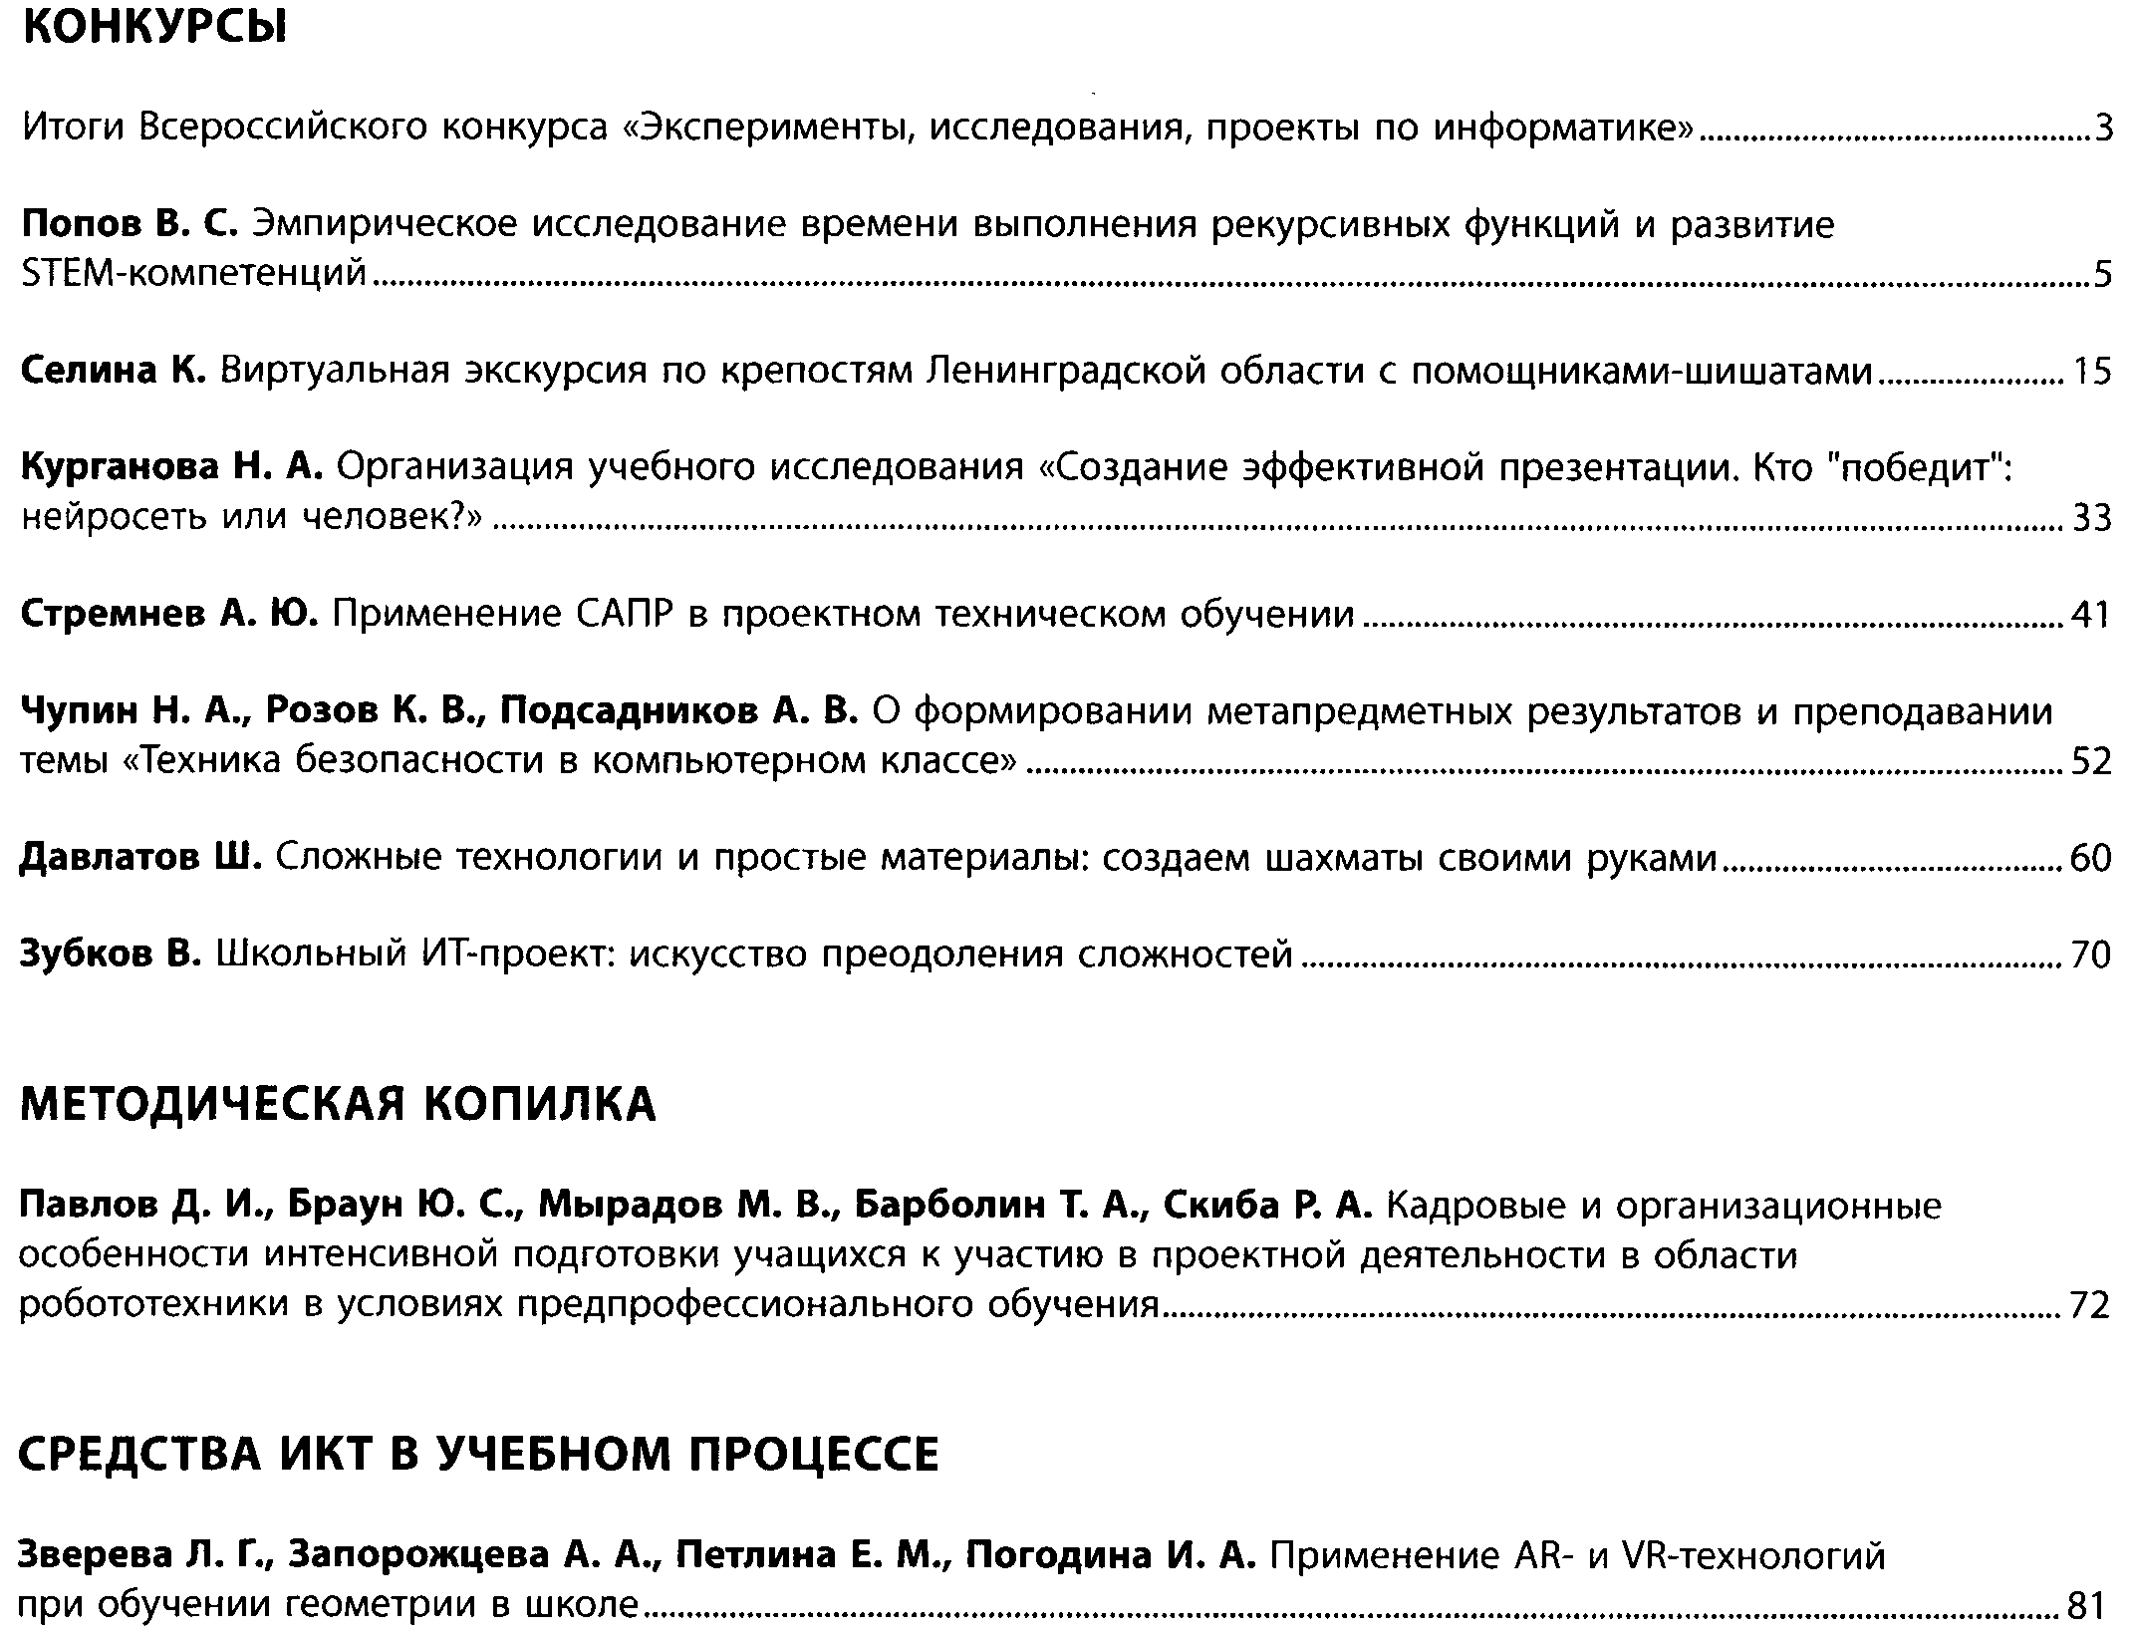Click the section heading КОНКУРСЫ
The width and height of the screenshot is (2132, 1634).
coord(154,30)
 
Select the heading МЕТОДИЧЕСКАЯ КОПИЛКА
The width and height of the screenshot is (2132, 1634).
coord(338,1104)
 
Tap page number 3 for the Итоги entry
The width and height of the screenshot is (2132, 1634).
coord(2103,129)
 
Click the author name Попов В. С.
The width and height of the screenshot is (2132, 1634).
coord(130,225)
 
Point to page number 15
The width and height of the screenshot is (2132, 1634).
coord(2092,372)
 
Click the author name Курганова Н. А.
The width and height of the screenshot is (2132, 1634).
coord(171,468)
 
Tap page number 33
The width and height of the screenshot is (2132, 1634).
coord(2091,518)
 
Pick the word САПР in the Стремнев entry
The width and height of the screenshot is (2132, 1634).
coord(624,614)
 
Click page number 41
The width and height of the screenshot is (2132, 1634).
coord(2091,615)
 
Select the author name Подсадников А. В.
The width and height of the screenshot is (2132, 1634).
coord(678,711)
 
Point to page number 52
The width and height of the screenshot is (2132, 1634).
coord(2091,762)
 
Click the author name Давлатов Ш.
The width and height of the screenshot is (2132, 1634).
coord(140,857)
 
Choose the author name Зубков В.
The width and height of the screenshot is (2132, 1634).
coord(111,954)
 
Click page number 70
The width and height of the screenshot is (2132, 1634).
coord(2091,955)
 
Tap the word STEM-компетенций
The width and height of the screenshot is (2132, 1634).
coord(194,274)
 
